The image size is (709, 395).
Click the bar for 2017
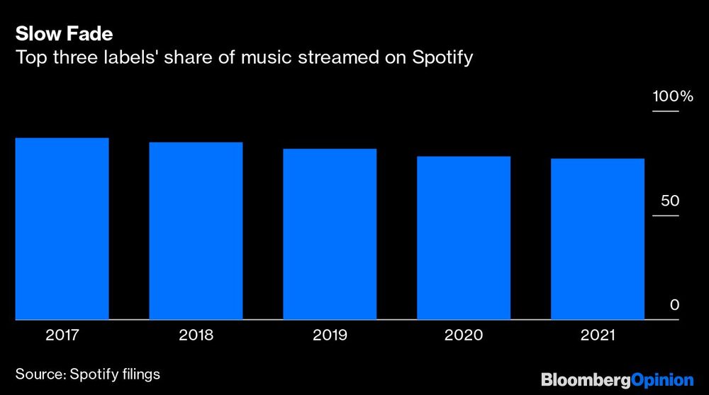coord(62,228)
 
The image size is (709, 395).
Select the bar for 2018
coord(196,230)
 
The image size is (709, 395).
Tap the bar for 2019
coord(330,234)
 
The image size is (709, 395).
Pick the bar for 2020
coord(464,238)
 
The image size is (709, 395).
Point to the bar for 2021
coord(598,239)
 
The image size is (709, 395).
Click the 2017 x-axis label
coord(62,335)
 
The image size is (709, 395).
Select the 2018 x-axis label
coord(196,335)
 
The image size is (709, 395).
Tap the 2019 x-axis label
coord(330,335)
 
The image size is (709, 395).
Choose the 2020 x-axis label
coord(464,335)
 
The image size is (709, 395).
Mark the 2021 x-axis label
coord(598,335)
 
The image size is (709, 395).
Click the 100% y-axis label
coord(672,96)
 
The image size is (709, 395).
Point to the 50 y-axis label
coord(670,201)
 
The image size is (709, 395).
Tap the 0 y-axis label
coord(675,305)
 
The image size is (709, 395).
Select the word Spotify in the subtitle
coord(442,57)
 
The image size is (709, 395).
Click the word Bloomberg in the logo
coord(586,380)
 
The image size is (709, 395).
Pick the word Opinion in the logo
coord(662,380)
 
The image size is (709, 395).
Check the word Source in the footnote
coord(40,373)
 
